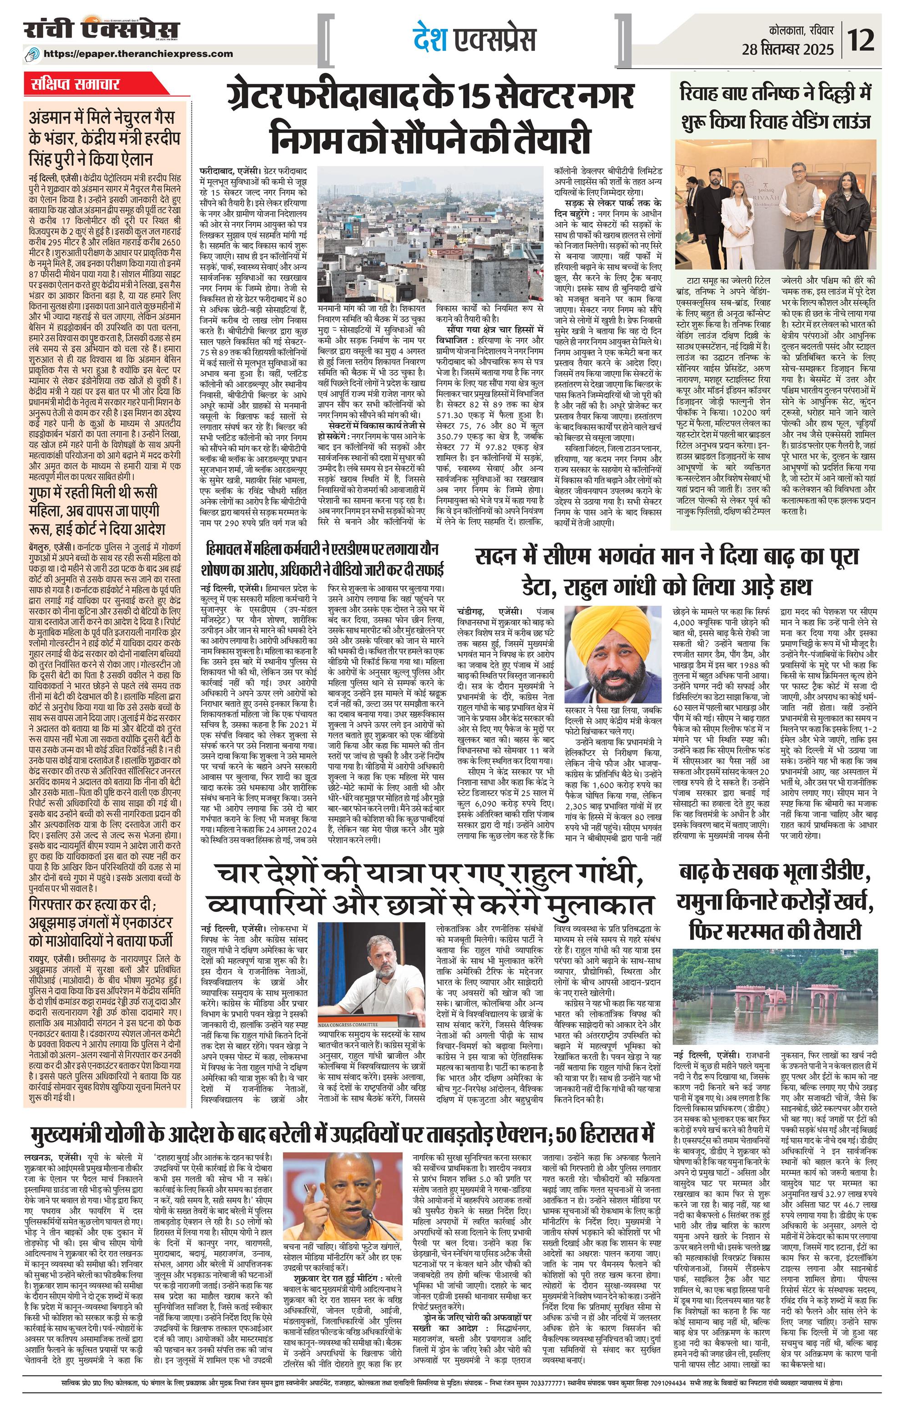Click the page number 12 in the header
click(864, 41)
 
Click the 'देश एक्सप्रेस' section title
click(474, 40)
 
